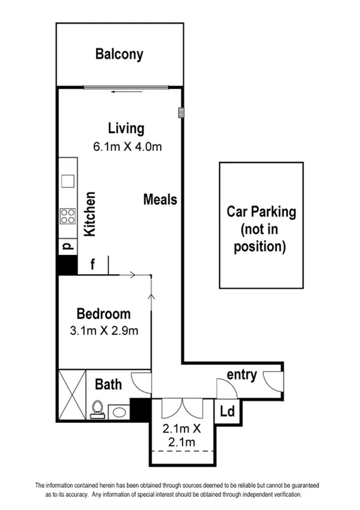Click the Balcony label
(x=120, y=55)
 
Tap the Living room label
(x=126, y=128)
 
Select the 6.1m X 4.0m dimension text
(x=127, y=146)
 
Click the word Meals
(x=160, y=199)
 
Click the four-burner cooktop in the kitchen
(x=67, y=216)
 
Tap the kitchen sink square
(x=67, y=180)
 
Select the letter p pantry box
(x=67, y=247)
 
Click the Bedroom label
(x=103, y=313)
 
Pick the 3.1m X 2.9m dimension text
(x=104, y=330)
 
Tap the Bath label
(x=108, y=384)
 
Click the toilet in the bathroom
(x=97, y=410)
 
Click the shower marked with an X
(x=72, y=394)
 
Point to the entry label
(x=242, y=375)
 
